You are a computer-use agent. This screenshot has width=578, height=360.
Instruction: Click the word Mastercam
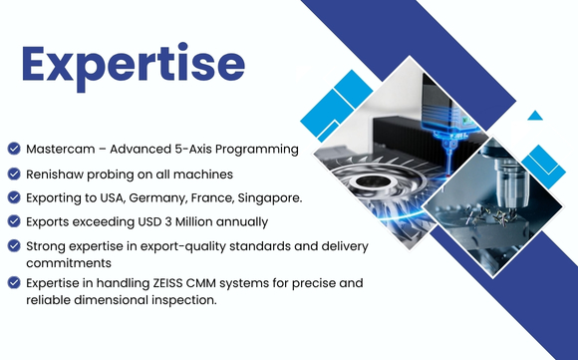61,149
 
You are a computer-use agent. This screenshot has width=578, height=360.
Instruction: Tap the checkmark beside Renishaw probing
14,174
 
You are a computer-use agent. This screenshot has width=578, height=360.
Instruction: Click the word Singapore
270,198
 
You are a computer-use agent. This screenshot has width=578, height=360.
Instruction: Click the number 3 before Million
168,221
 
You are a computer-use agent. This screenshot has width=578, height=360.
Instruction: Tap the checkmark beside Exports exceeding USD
14,221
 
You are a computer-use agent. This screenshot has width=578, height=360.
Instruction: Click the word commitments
69,263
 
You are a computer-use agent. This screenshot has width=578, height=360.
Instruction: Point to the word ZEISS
167,283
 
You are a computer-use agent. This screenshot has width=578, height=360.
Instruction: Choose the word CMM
201,283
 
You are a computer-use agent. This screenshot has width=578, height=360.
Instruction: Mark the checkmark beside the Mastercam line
14,149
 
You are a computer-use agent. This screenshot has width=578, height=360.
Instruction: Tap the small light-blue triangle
535,117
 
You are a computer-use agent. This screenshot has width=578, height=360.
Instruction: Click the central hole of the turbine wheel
369,181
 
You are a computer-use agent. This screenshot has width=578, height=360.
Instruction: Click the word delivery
345,246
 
